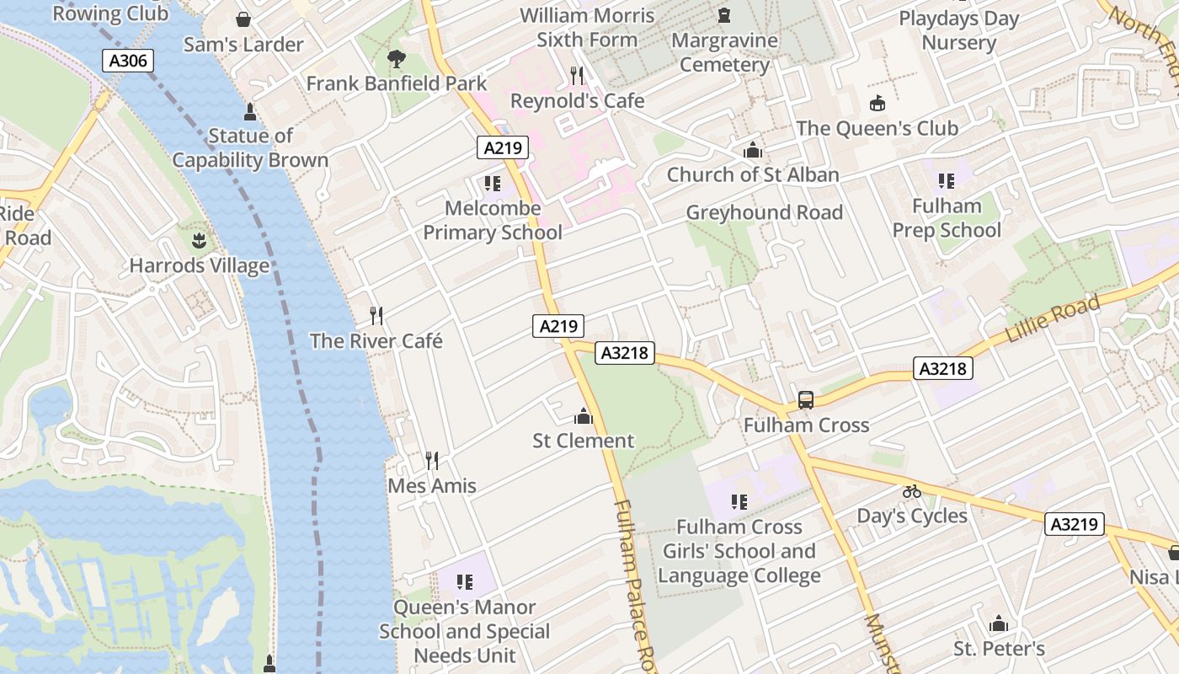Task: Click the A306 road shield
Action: click(128, 61)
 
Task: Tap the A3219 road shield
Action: click(1075, 524)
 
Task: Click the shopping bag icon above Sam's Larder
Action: click(243, 19)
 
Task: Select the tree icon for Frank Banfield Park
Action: click(396, 59)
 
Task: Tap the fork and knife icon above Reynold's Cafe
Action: click(577, 76)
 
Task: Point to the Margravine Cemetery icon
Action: click(723, 15)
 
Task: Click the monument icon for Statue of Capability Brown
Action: click(249, 111)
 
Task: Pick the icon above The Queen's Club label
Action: click(878, 104)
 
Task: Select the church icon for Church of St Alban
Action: click(753, 150)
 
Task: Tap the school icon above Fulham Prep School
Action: click(947, 181)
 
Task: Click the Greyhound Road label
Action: click(764, 212)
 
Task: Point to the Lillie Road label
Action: click(1053, 319)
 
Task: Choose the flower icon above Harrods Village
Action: click(198, 242)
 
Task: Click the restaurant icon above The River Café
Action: click(376, 316)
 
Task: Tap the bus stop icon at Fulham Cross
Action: click(806, 400)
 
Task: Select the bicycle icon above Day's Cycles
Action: click(912, 491)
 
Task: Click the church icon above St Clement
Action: click(583, 416)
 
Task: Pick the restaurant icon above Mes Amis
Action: click(432, 461)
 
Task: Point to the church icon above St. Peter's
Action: click(999, 624)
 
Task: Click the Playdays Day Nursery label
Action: click(958, 30)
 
